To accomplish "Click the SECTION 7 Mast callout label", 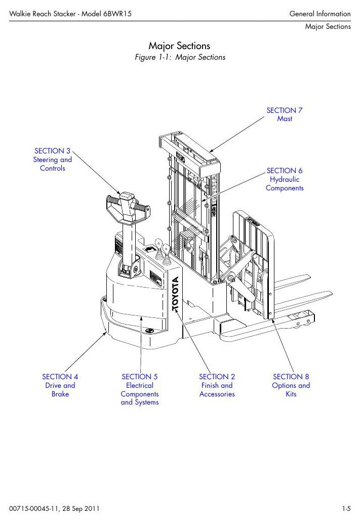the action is (285, 114).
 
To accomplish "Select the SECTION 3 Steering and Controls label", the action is (52, 159).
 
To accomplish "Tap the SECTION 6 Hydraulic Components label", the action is (285, 179).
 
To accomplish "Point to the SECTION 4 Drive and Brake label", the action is (60, 385).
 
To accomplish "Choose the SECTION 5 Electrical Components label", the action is (140, 389).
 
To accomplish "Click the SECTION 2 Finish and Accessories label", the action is (217, 385).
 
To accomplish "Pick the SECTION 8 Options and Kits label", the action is (291, 385).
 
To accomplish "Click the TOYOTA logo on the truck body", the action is (176, 294).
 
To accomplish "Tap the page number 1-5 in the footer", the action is (346, 509).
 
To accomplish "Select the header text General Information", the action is (320, 14).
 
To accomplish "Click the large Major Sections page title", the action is (179, 46).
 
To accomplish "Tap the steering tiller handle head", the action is (128, 207).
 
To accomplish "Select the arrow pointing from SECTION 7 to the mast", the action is (237, 134).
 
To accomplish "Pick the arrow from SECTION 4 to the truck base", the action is (86, 351).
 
